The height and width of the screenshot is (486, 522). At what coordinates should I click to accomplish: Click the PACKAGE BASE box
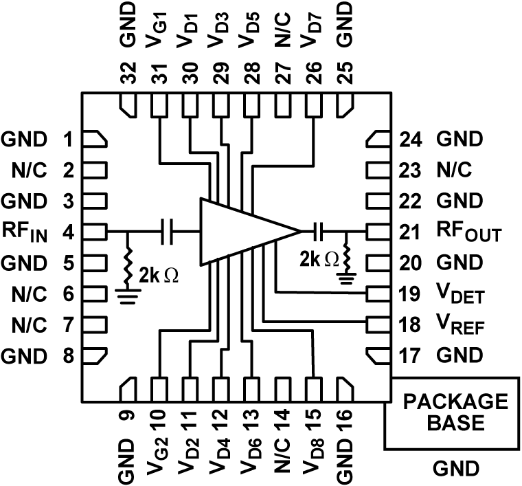[455, 411]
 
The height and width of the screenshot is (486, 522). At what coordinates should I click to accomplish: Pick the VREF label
[460, 326]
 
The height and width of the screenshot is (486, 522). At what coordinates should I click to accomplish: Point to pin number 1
[68, 140]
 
